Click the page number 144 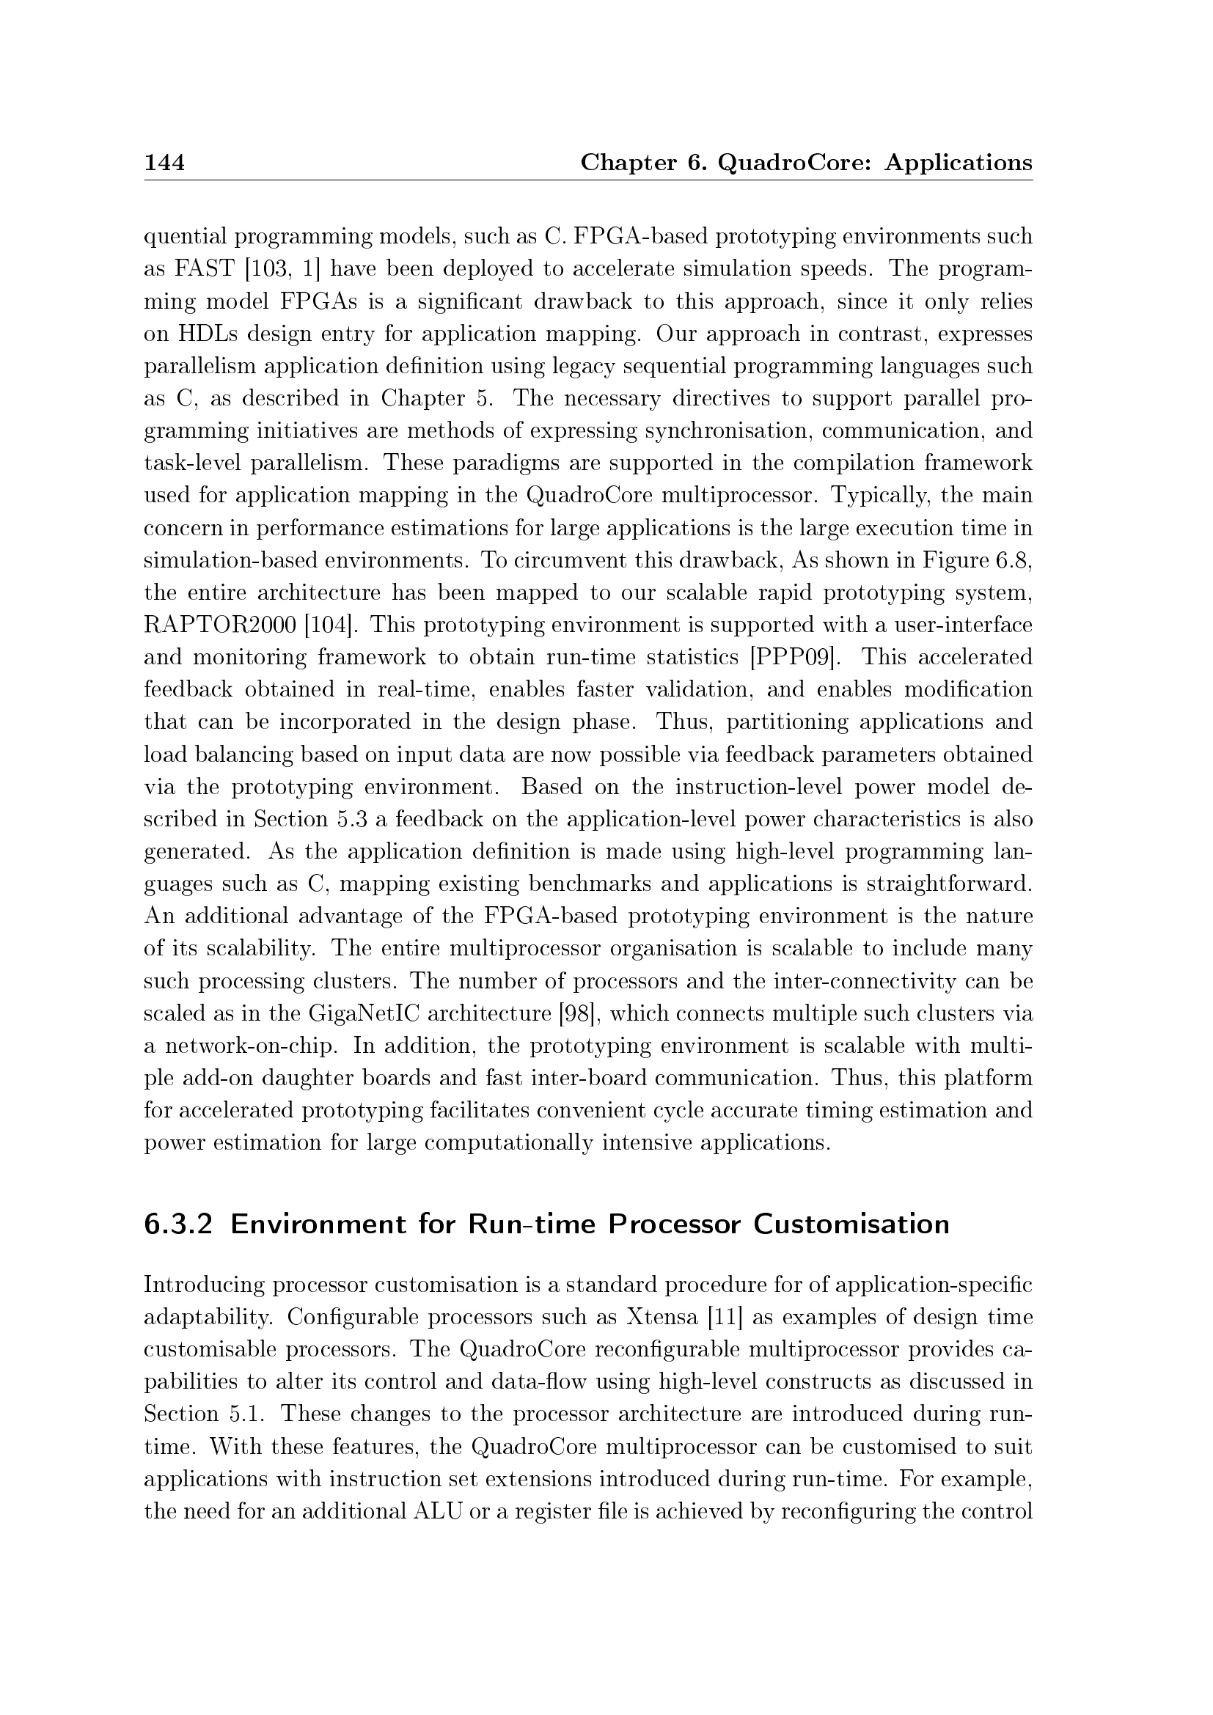pos(164,162)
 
